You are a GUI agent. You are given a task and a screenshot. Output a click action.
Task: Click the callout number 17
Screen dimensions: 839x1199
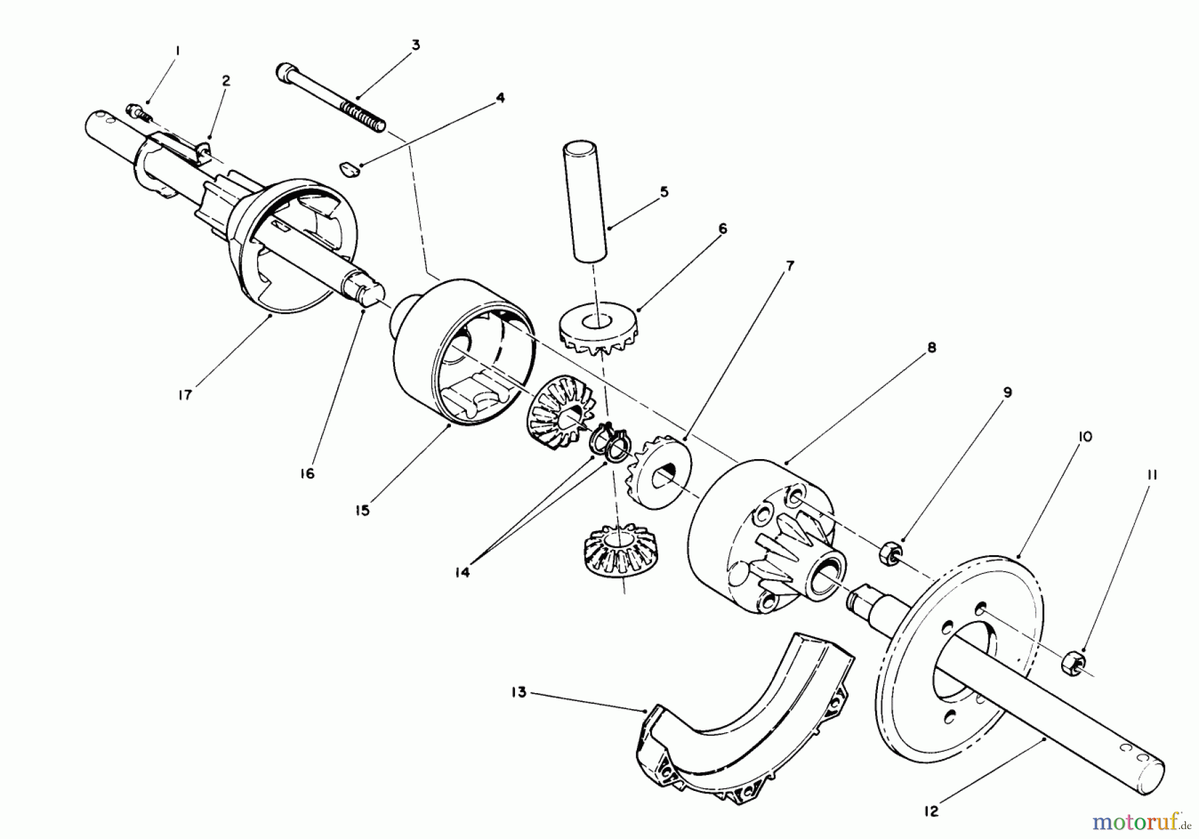[x=185, y=395]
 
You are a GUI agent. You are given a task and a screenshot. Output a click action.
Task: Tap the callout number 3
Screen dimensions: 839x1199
[x=415, y=45]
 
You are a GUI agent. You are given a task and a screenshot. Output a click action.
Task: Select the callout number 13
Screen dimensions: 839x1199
[x=519, y=692]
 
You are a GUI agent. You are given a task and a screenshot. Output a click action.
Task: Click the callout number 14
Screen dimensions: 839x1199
[x=462, y=572]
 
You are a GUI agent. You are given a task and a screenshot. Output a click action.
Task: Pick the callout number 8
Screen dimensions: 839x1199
[x=931, y=347]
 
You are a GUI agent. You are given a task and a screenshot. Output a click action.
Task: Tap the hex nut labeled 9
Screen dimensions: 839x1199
[x=890, y=552]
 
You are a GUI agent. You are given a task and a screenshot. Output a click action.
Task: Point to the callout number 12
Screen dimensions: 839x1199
[x=931, y=811]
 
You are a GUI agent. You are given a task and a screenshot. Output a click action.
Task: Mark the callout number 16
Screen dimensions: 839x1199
[x=306, y=474]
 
